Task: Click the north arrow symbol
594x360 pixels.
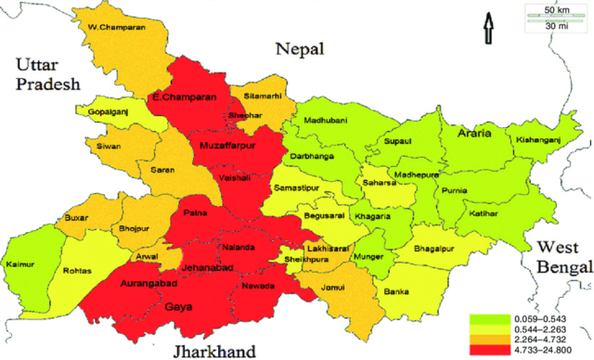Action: pos(486,30)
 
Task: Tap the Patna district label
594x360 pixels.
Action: pos(195,212)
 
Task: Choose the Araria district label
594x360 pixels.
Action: pos(474,133)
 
